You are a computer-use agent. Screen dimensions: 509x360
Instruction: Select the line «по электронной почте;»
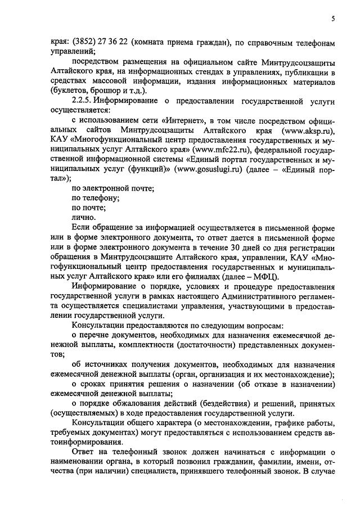113,188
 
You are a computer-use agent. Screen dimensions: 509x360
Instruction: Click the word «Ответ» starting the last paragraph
84,452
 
